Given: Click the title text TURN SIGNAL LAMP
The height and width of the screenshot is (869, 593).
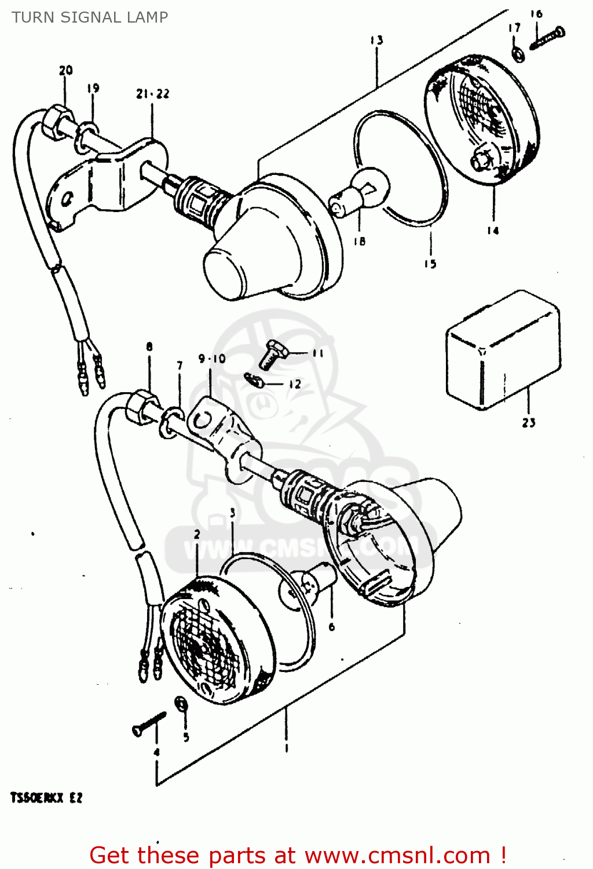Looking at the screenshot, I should coord(90,17).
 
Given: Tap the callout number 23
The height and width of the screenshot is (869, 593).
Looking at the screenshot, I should coord(528,423).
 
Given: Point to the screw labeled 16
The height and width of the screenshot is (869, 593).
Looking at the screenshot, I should coord(547,38).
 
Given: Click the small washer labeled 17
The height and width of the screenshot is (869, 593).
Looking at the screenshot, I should coord(518,54).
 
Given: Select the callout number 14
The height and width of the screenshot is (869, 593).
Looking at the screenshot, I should coord(492,231).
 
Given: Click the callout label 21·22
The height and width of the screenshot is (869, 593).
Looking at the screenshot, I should coord(153,94).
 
